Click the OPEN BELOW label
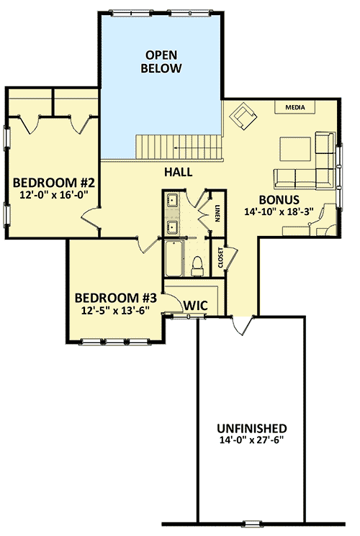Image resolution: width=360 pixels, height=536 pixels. click(163, 62)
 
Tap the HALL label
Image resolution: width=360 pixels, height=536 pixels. click(178, 173)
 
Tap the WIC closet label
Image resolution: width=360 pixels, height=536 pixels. click(194, 306)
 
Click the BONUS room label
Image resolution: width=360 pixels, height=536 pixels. click(278, 199)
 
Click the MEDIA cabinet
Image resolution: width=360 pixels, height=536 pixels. click(294, 107)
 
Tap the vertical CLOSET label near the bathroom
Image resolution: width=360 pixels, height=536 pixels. click(220, 258)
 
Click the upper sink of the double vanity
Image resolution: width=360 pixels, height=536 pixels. click(173, 201)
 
